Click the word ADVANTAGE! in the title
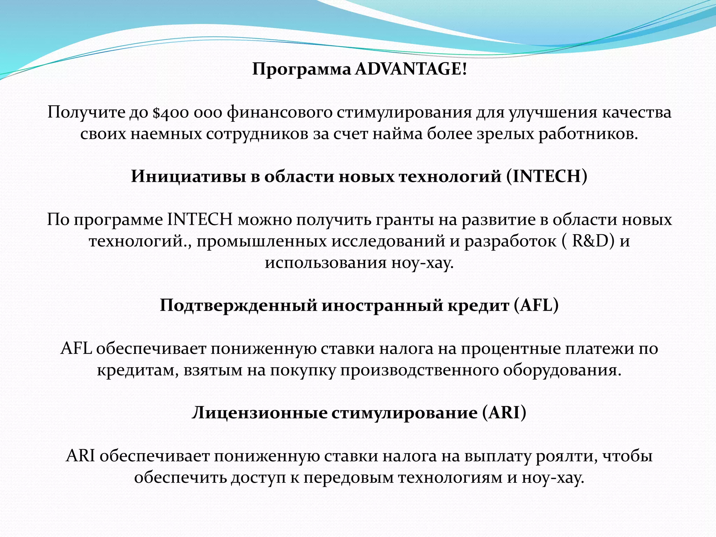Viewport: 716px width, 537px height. pos(411,69)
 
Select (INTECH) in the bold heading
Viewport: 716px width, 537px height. pos(547,176)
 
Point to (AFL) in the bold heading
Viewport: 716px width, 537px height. pos(536,305)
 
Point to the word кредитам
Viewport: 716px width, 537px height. pos(138,370)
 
